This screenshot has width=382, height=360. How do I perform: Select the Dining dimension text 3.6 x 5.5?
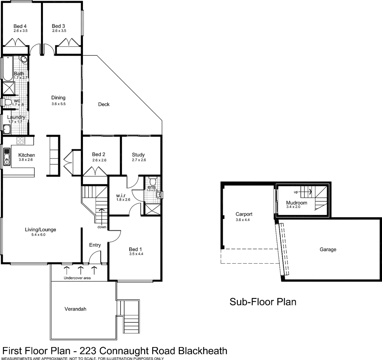58,104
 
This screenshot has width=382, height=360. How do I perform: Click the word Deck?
104,104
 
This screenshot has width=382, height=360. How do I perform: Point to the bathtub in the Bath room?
8,68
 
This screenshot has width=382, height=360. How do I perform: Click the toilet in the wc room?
7,102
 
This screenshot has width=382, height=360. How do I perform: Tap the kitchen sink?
7,157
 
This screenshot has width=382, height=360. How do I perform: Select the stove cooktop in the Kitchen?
20,141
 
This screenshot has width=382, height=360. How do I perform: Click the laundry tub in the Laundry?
7,129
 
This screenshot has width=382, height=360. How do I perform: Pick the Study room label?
138,155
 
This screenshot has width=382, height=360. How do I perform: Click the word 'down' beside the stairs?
102,227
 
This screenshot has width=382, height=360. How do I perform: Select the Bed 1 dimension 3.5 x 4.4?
136,254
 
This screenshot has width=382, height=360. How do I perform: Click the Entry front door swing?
95,257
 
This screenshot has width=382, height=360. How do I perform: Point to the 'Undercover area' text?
77,278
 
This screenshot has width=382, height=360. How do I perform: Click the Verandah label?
75,309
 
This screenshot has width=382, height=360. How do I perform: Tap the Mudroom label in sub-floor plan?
296,202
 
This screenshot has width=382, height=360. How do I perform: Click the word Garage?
328,249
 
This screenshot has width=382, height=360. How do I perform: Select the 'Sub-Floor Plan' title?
263,302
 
